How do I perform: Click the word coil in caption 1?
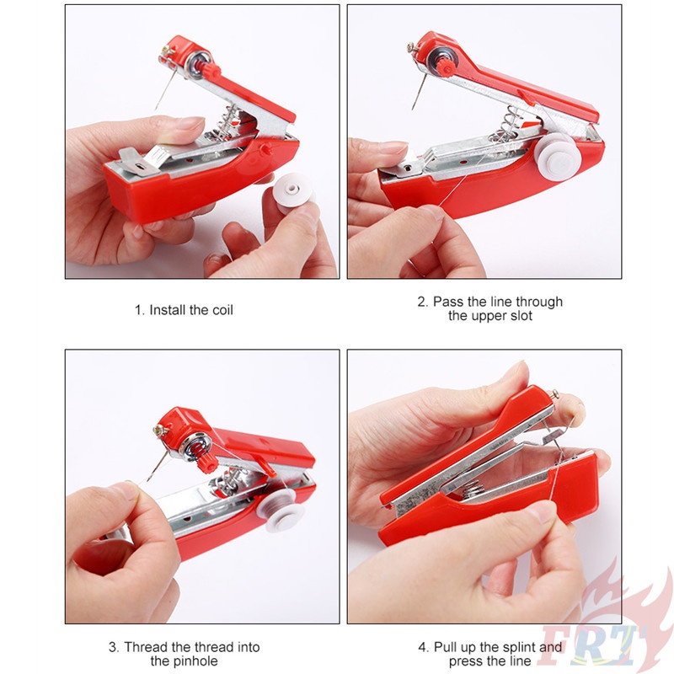[x=221, y=310]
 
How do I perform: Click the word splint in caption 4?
[x=518, y=647]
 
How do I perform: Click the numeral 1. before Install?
[x=140, y=310]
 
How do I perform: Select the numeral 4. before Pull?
[x=424, y=647]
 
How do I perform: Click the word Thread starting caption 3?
[x=144, y=647]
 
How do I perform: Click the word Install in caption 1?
[x=168, y=310]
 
